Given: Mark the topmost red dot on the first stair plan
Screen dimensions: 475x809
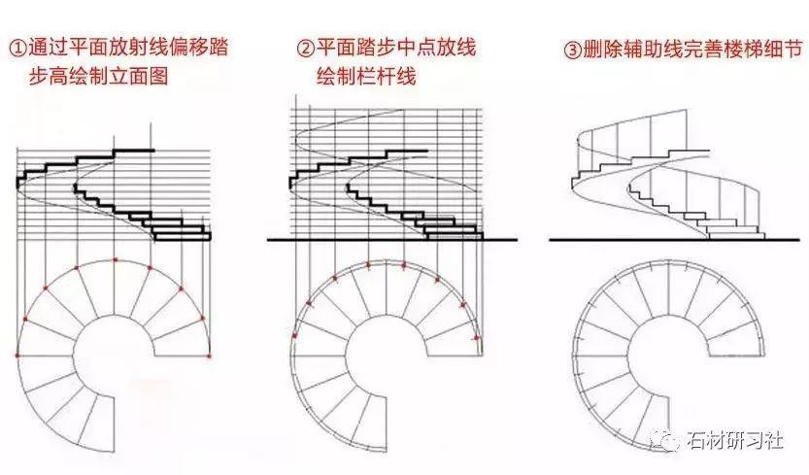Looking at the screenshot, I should pyautogui.click(x=116, y=260).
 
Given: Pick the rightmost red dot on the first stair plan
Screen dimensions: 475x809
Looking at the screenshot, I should pyautogui.click(x=208, y=356).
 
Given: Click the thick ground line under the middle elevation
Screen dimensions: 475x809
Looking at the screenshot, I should pyautogui.click(x=388, y=239).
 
